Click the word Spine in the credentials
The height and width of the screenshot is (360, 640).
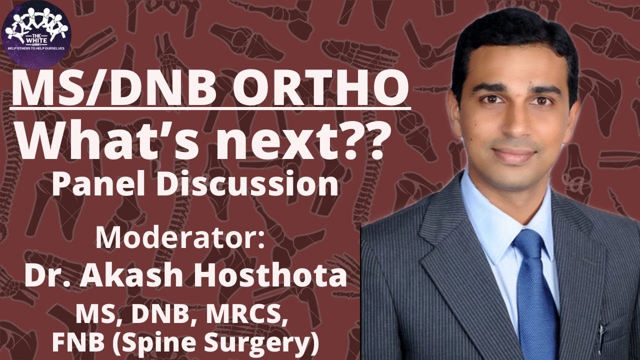pos(160,345)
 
